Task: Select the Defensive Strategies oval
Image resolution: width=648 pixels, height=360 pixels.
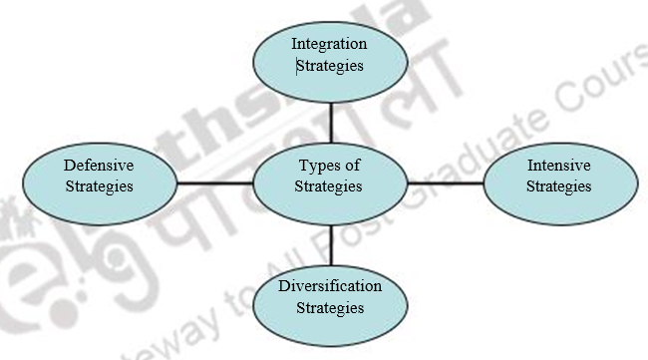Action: (99, 176)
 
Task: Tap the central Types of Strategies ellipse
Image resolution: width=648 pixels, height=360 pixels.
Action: (330, 176)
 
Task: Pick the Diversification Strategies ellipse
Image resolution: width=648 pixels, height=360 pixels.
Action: (330, 296)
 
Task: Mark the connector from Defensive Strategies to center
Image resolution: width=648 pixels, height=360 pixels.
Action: (213, 182)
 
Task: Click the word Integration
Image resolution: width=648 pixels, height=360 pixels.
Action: (329, 45)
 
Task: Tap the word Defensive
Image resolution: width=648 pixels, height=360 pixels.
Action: (99, 165)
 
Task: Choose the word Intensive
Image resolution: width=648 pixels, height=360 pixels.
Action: (558, 165)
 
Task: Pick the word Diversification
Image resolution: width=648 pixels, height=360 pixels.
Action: (330, 286)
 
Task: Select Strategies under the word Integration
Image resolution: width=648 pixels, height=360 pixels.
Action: (330, 67)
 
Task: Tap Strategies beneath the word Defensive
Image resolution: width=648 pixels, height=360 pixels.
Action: (99, 185)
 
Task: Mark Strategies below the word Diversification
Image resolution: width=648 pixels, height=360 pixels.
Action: (330, 307)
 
